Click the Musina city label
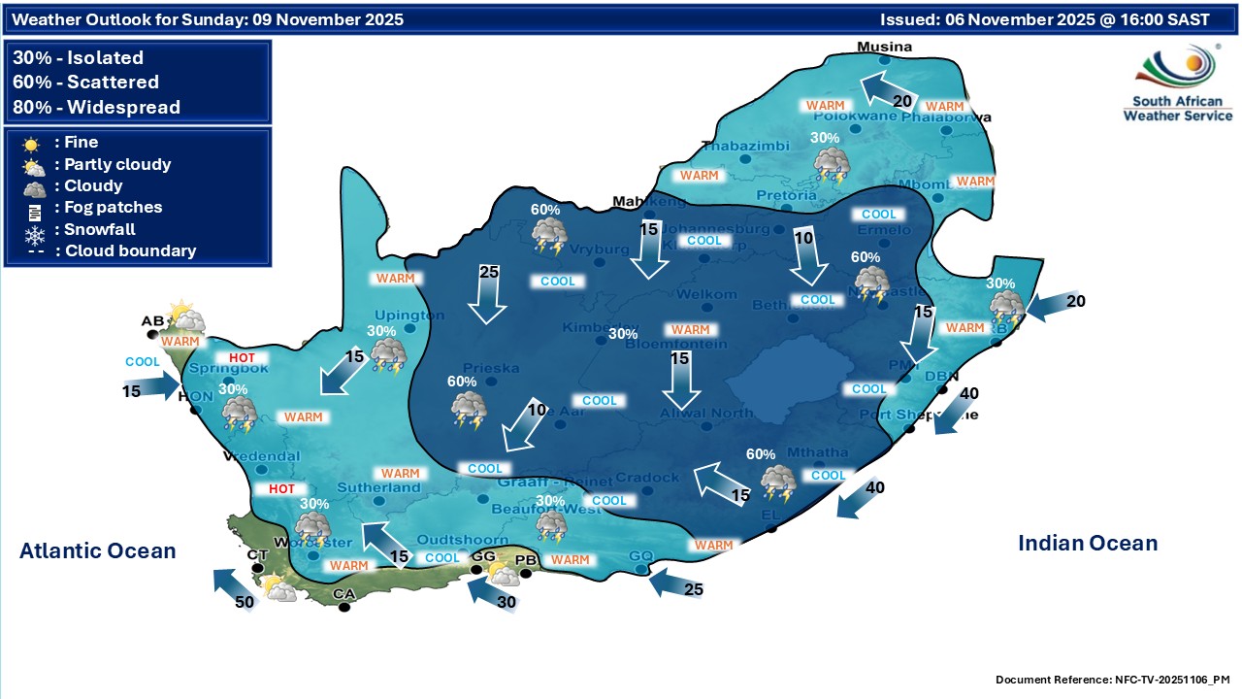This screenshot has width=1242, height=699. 884,47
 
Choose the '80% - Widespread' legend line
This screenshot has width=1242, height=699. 97,107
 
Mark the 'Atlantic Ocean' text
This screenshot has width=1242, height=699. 98,551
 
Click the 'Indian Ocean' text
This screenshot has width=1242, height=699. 1088,544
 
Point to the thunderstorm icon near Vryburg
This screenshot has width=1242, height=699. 549,236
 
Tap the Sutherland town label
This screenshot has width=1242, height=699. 379,487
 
